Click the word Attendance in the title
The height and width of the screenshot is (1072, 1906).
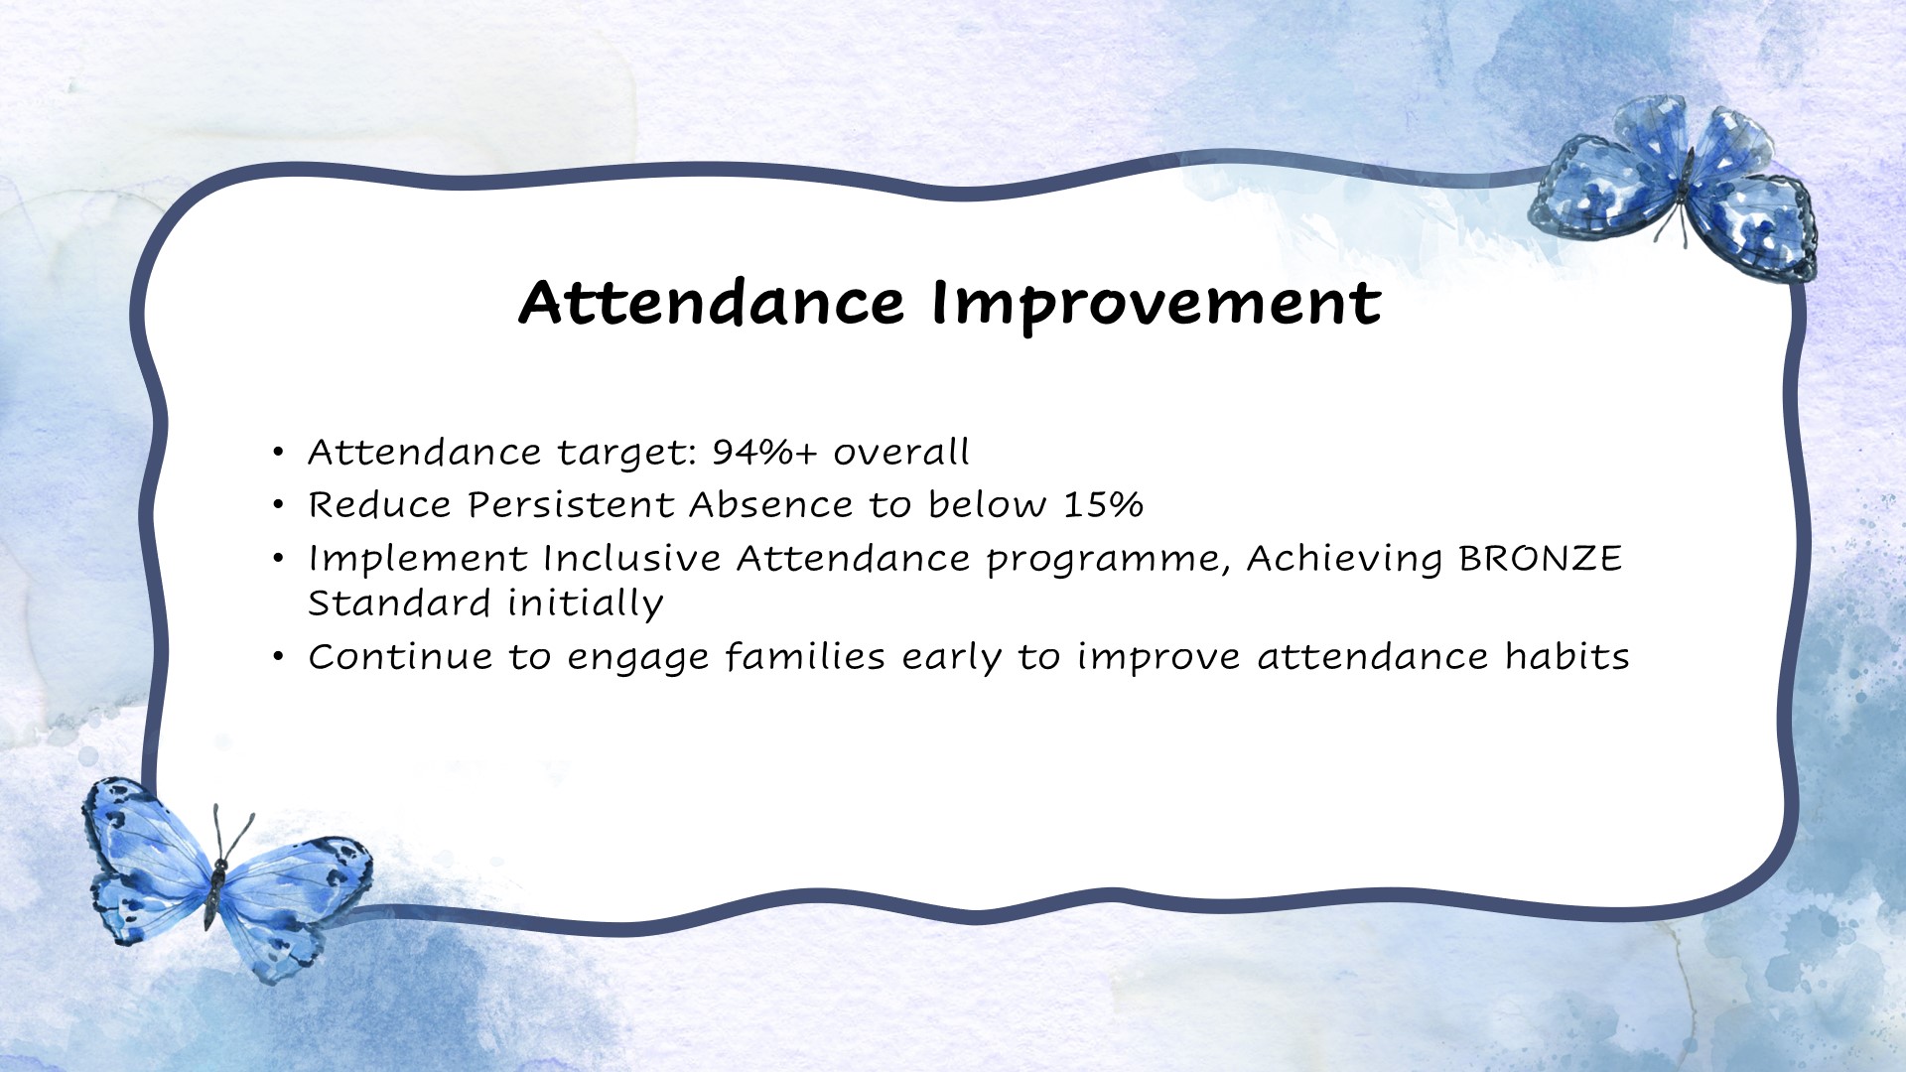point(711,303)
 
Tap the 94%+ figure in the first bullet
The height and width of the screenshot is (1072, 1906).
point(763,453)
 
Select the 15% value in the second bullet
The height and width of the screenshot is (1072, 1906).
point(1103,505)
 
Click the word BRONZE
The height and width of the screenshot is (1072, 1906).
point(1540,559)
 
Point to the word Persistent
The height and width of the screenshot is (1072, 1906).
point(571,505)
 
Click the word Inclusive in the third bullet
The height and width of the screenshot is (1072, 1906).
point(631,559)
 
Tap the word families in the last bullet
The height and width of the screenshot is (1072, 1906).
point(804,657)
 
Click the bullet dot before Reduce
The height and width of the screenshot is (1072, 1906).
point(279,506)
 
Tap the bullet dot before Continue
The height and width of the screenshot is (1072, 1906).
point(279,657)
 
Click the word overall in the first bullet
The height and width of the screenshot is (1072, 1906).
point(900,453)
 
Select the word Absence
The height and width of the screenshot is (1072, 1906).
point(770,505)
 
